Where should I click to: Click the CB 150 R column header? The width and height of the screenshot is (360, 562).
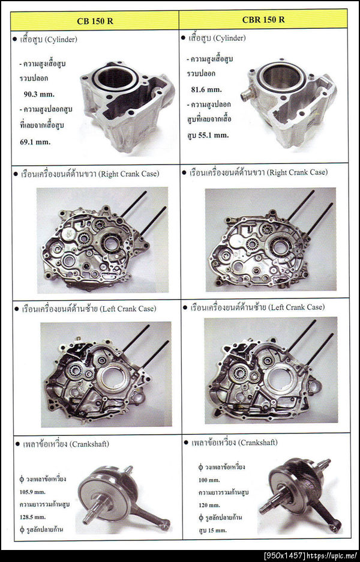[95, 21]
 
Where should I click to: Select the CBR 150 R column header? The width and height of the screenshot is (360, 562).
[263, 20]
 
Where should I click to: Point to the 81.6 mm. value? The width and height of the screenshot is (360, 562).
[206, 89]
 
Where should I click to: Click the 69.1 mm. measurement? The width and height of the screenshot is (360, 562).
[35, 141]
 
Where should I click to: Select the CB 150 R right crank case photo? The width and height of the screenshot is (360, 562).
[103, 240]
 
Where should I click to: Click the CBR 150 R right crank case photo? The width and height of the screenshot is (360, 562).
[271, 240]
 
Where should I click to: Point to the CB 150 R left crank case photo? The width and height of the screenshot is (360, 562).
[106, 374]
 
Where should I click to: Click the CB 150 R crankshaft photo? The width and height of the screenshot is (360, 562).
[124, 500]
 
